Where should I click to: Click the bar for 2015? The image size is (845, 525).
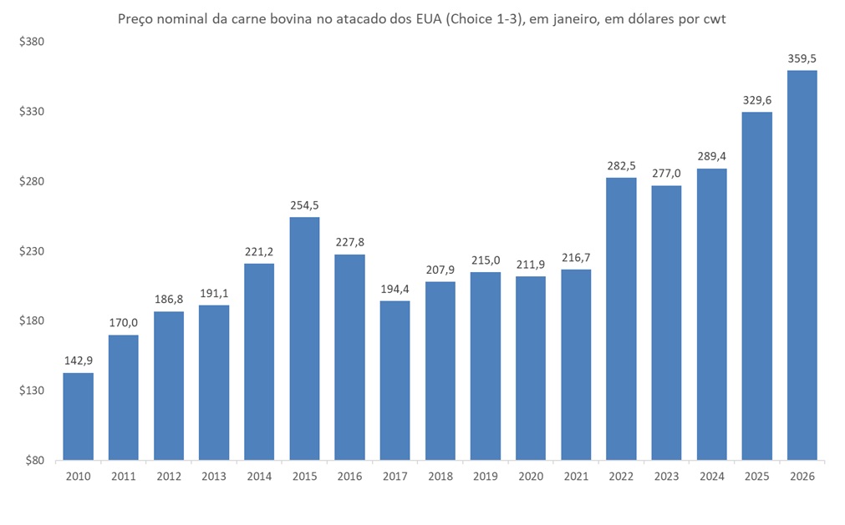click(304, 339)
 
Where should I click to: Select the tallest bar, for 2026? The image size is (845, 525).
click(802, 265)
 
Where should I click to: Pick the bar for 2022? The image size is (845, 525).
click(621, 319)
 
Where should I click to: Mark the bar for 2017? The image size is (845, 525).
click(395, 381)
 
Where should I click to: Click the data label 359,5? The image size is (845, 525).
click(802, 58)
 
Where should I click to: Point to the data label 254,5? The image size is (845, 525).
click(304, 205)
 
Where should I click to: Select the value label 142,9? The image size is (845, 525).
click(79, 361)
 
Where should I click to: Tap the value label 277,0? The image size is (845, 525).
click(666, 174)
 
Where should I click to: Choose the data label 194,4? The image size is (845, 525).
click(395, 289)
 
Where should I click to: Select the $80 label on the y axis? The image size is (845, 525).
click(34, 460)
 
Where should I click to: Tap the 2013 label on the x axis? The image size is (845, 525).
click(214, 476)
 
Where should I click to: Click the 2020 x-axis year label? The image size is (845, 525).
click(531, 476)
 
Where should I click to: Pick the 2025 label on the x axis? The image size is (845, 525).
click(756, 476)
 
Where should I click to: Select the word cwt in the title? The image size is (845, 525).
click(712, 18)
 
